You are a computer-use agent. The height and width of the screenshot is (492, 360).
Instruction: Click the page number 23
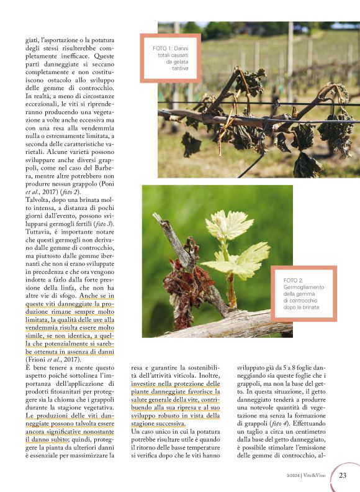(x=343, y=476)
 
